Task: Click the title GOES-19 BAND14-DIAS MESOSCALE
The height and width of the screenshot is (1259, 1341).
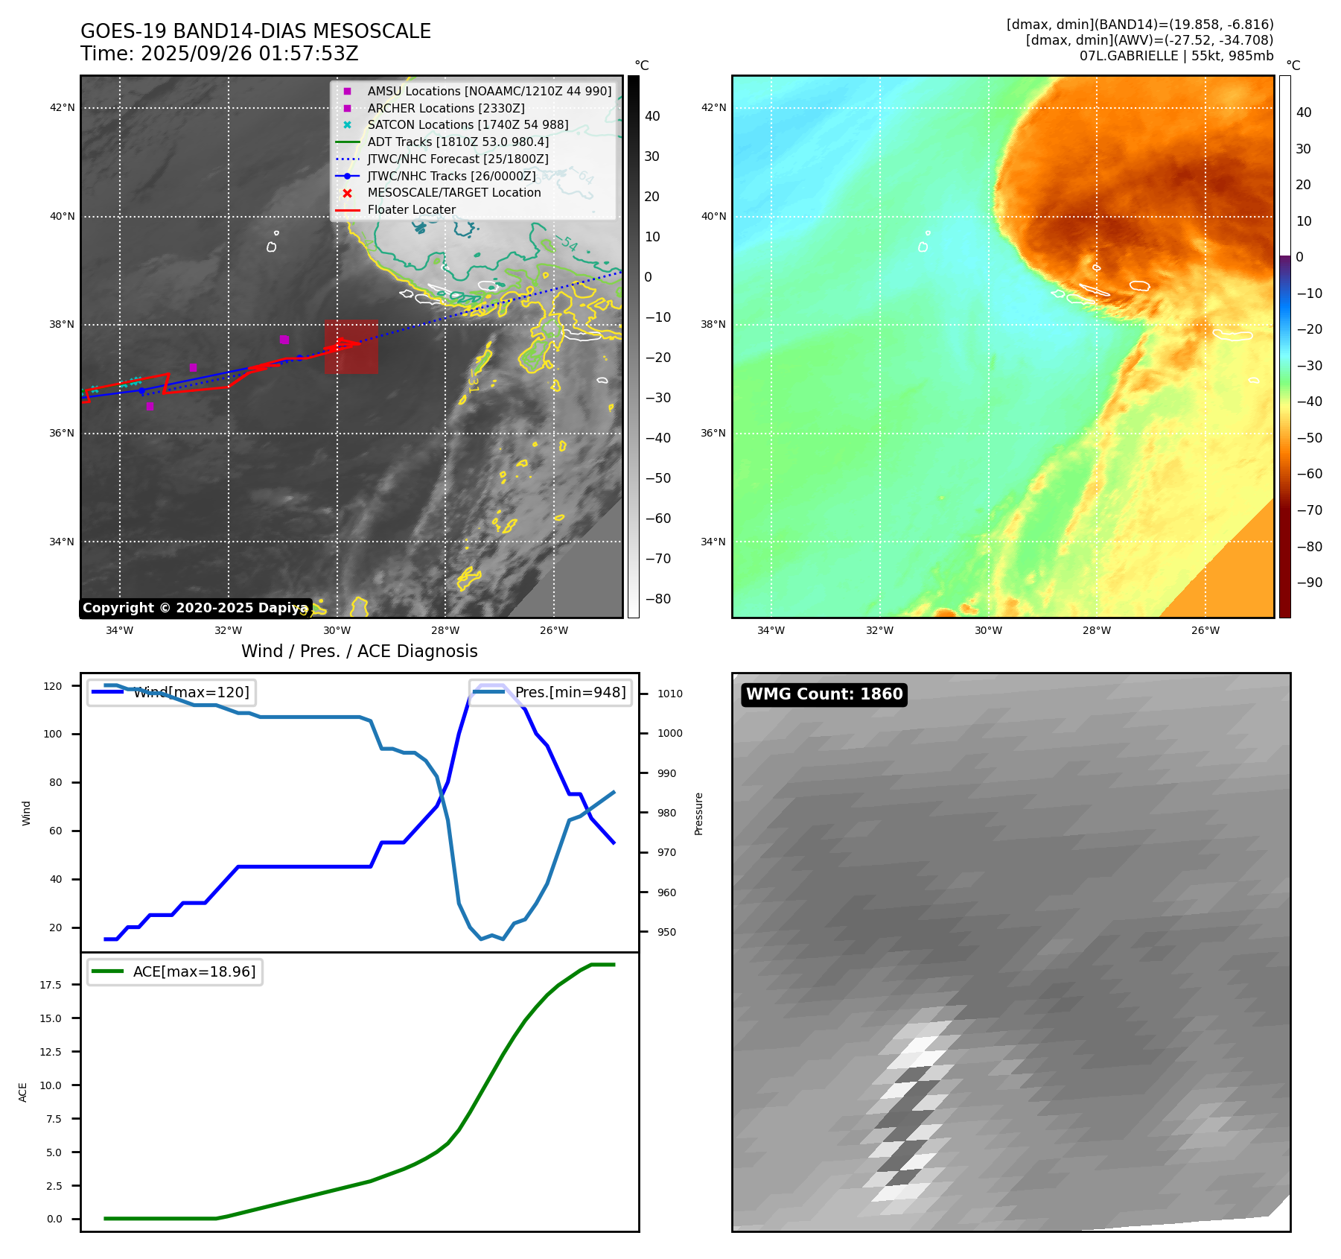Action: [255, 31]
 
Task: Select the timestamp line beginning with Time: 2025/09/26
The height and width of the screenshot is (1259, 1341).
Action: [220, 54]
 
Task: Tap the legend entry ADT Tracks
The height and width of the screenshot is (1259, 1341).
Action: [458, 142]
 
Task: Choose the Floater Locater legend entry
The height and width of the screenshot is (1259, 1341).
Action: [411, 210]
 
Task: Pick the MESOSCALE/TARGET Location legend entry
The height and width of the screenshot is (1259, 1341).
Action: [453, 193]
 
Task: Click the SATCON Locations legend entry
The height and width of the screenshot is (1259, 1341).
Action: [467, 125]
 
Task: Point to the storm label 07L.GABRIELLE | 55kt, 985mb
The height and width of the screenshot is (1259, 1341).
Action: [1176, 56]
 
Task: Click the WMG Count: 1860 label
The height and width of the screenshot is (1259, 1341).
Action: [824, 694]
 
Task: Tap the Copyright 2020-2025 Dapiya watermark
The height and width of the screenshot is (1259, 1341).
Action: [195, 608]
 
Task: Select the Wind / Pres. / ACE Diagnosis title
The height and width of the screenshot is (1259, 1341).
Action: [359, 652]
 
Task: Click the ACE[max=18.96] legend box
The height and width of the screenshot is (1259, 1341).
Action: [175, 971]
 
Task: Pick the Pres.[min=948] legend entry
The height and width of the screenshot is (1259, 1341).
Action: [551, 693]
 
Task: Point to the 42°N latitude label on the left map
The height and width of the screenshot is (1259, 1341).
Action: [63, 108]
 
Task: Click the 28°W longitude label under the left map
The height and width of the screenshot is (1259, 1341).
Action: [445, 631]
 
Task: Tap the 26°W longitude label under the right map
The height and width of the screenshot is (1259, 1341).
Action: [1205, 631]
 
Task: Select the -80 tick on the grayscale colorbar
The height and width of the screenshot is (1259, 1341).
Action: [657, 599]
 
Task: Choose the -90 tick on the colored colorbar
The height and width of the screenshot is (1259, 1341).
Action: [1309, 583]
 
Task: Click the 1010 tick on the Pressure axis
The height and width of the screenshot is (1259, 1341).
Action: [669, 694]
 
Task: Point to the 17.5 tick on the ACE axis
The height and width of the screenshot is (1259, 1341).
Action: [51, 985]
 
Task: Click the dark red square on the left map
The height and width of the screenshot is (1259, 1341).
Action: [351, 347]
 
